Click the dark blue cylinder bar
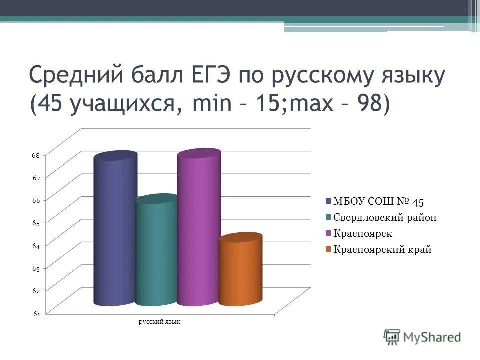click(x=115, y=230)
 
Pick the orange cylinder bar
click(x=240, y=270)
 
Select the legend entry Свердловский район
click(x=384, y=217)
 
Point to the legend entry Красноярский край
click(x=382, y=249)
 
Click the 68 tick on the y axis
click(x=36, y=155)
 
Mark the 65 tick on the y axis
click(x=36, y=223)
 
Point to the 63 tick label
click(x=36, y=268)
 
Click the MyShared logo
click(x=422, y=337)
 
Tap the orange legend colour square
click(x=328, y=249)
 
